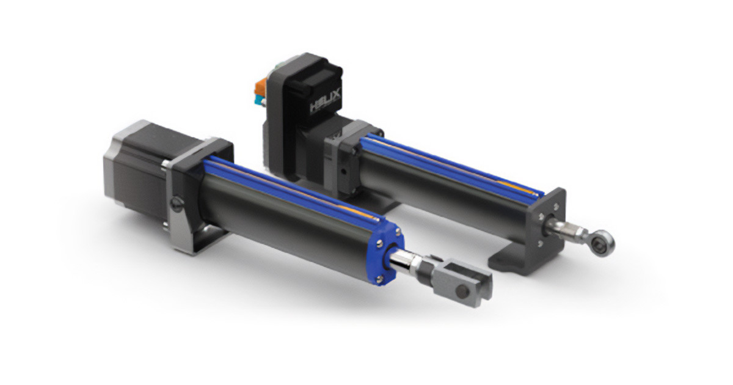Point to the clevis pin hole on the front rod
(x=475, y=282)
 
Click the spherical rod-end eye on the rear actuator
(x=605, y=244)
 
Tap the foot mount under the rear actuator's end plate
(x=513, y=260)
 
